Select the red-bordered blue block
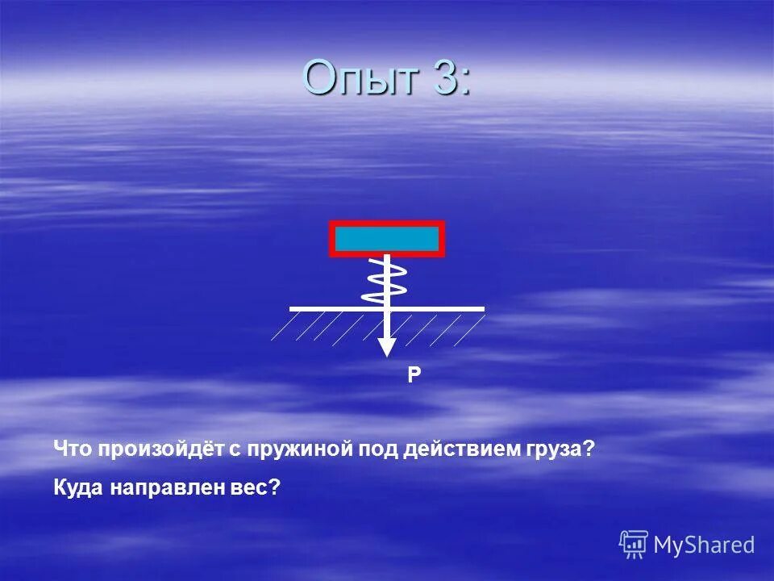click(x=387, y=239)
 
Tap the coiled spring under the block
click(x=386, y=280)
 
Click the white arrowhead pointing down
click(x=388, y=346)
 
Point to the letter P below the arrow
click(x=414, y=374)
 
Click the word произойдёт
click(x=160, y=449)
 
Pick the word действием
click(x=456, y=449)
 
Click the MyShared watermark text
click(x=704, y=545)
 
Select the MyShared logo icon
click(x=634, y=545)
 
